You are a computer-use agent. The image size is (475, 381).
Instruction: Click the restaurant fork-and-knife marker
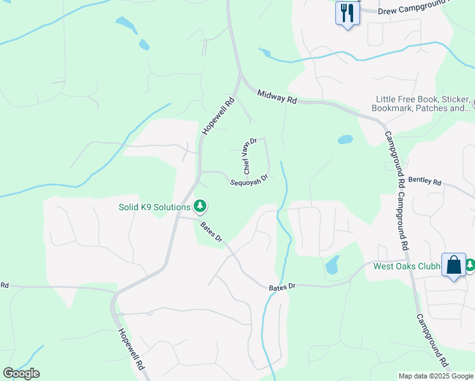(347, 13)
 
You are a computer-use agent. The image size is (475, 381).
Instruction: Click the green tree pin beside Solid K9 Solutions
(200, 206)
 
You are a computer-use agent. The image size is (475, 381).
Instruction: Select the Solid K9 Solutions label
(154, 207)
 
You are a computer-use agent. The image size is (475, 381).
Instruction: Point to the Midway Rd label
(278, 97)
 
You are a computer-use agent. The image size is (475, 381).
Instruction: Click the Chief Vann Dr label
(250, 156)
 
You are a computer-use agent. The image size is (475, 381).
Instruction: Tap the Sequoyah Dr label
(249, 180)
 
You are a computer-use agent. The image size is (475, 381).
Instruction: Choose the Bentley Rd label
(424, 181)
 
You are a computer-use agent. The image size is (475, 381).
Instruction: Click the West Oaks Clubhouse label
(406, 266)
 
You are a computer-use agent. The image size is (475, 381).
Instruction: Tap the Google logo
(21, 373)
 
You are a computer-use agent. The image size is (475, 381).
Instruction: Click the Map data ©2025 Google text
(435, 376)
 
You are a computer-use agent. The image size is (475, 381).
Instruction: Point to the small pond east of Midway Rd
(345, 139)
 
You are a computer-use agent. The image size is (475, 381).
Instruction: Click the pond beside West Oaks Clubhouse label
(331, 265)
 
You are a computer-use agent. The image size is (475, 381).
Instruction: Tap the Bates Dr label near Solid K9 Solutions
(211, 232)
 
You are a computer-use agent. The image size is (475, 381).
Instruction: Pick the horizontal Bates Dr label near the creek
(283, 287)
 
